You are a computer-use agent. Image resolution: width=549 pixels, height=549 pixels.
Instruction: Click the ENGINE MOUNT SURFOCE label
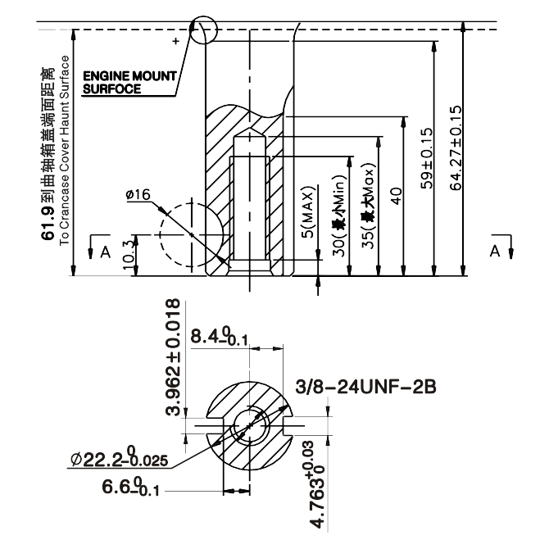(130, 82)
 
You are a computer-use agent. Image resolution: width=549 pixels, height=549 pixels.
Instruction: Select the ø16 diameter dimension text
(138, 194)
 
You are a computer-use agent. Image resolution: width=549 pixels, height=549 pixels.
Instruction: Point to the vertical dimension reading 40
(397, 197)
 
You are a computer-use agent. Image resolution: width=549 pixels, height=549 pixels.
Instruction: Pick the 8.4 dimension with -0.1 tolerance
(217, 337)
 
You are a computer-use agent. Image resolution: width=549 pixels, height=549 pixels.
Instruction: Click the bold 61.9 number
(48, 232)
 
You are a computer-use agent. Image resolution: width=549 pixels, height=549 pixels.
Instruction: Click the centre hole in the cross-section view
(249, 426)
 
